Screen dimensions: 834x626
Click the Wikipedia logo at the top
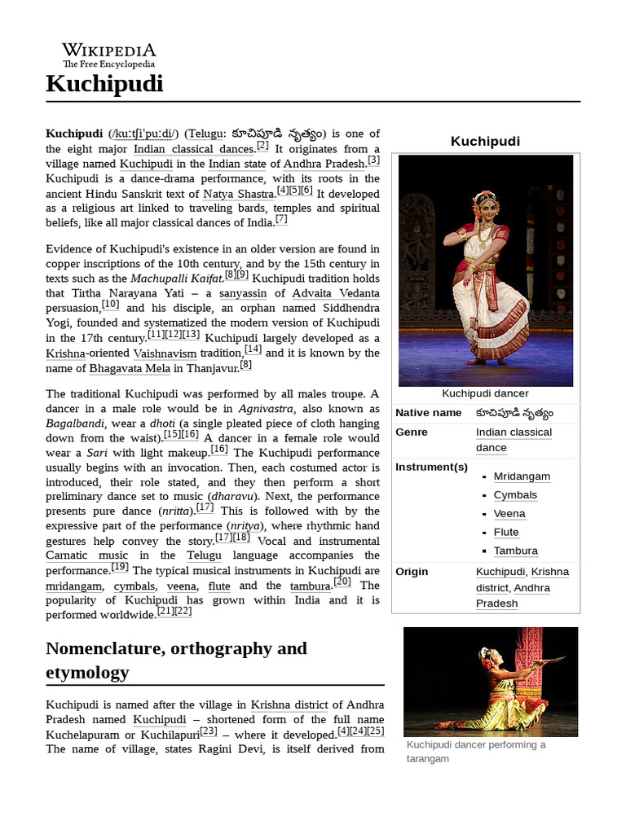[x=109, y=55]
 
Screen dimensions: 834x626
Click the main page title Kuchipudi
[x=104, y=84]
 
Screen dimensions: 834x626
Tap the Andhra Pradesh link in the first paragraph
[x=324, y=165]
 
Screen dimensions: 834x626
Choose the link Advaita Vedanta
[x=336, y=293]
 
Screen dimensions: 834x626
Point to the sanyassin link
[x=242, y=293]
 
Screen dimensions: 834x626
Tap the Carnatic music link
[x=80, y=555]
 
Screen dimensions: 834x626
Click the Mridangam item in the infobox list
[x=522, y=476]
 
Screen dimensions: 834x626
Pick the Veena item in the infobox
[x=509, y=514]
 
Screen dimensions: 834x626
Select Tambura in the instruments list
[x=515, y=551]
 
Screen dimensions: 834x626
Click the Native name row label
[x=429, y=413]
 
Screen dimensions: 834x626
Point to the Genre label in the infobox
[x=412, y=432]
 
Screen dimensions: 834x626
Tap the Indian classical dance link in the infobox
[x=514, y=440]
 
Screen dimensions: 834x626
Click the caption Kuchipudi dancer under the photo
[x=485, y=394]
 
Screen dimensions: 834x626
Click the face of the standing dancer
[x=488, y=206]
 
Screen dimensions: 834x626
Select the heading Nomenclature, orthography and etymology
[x=177, y=660]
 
